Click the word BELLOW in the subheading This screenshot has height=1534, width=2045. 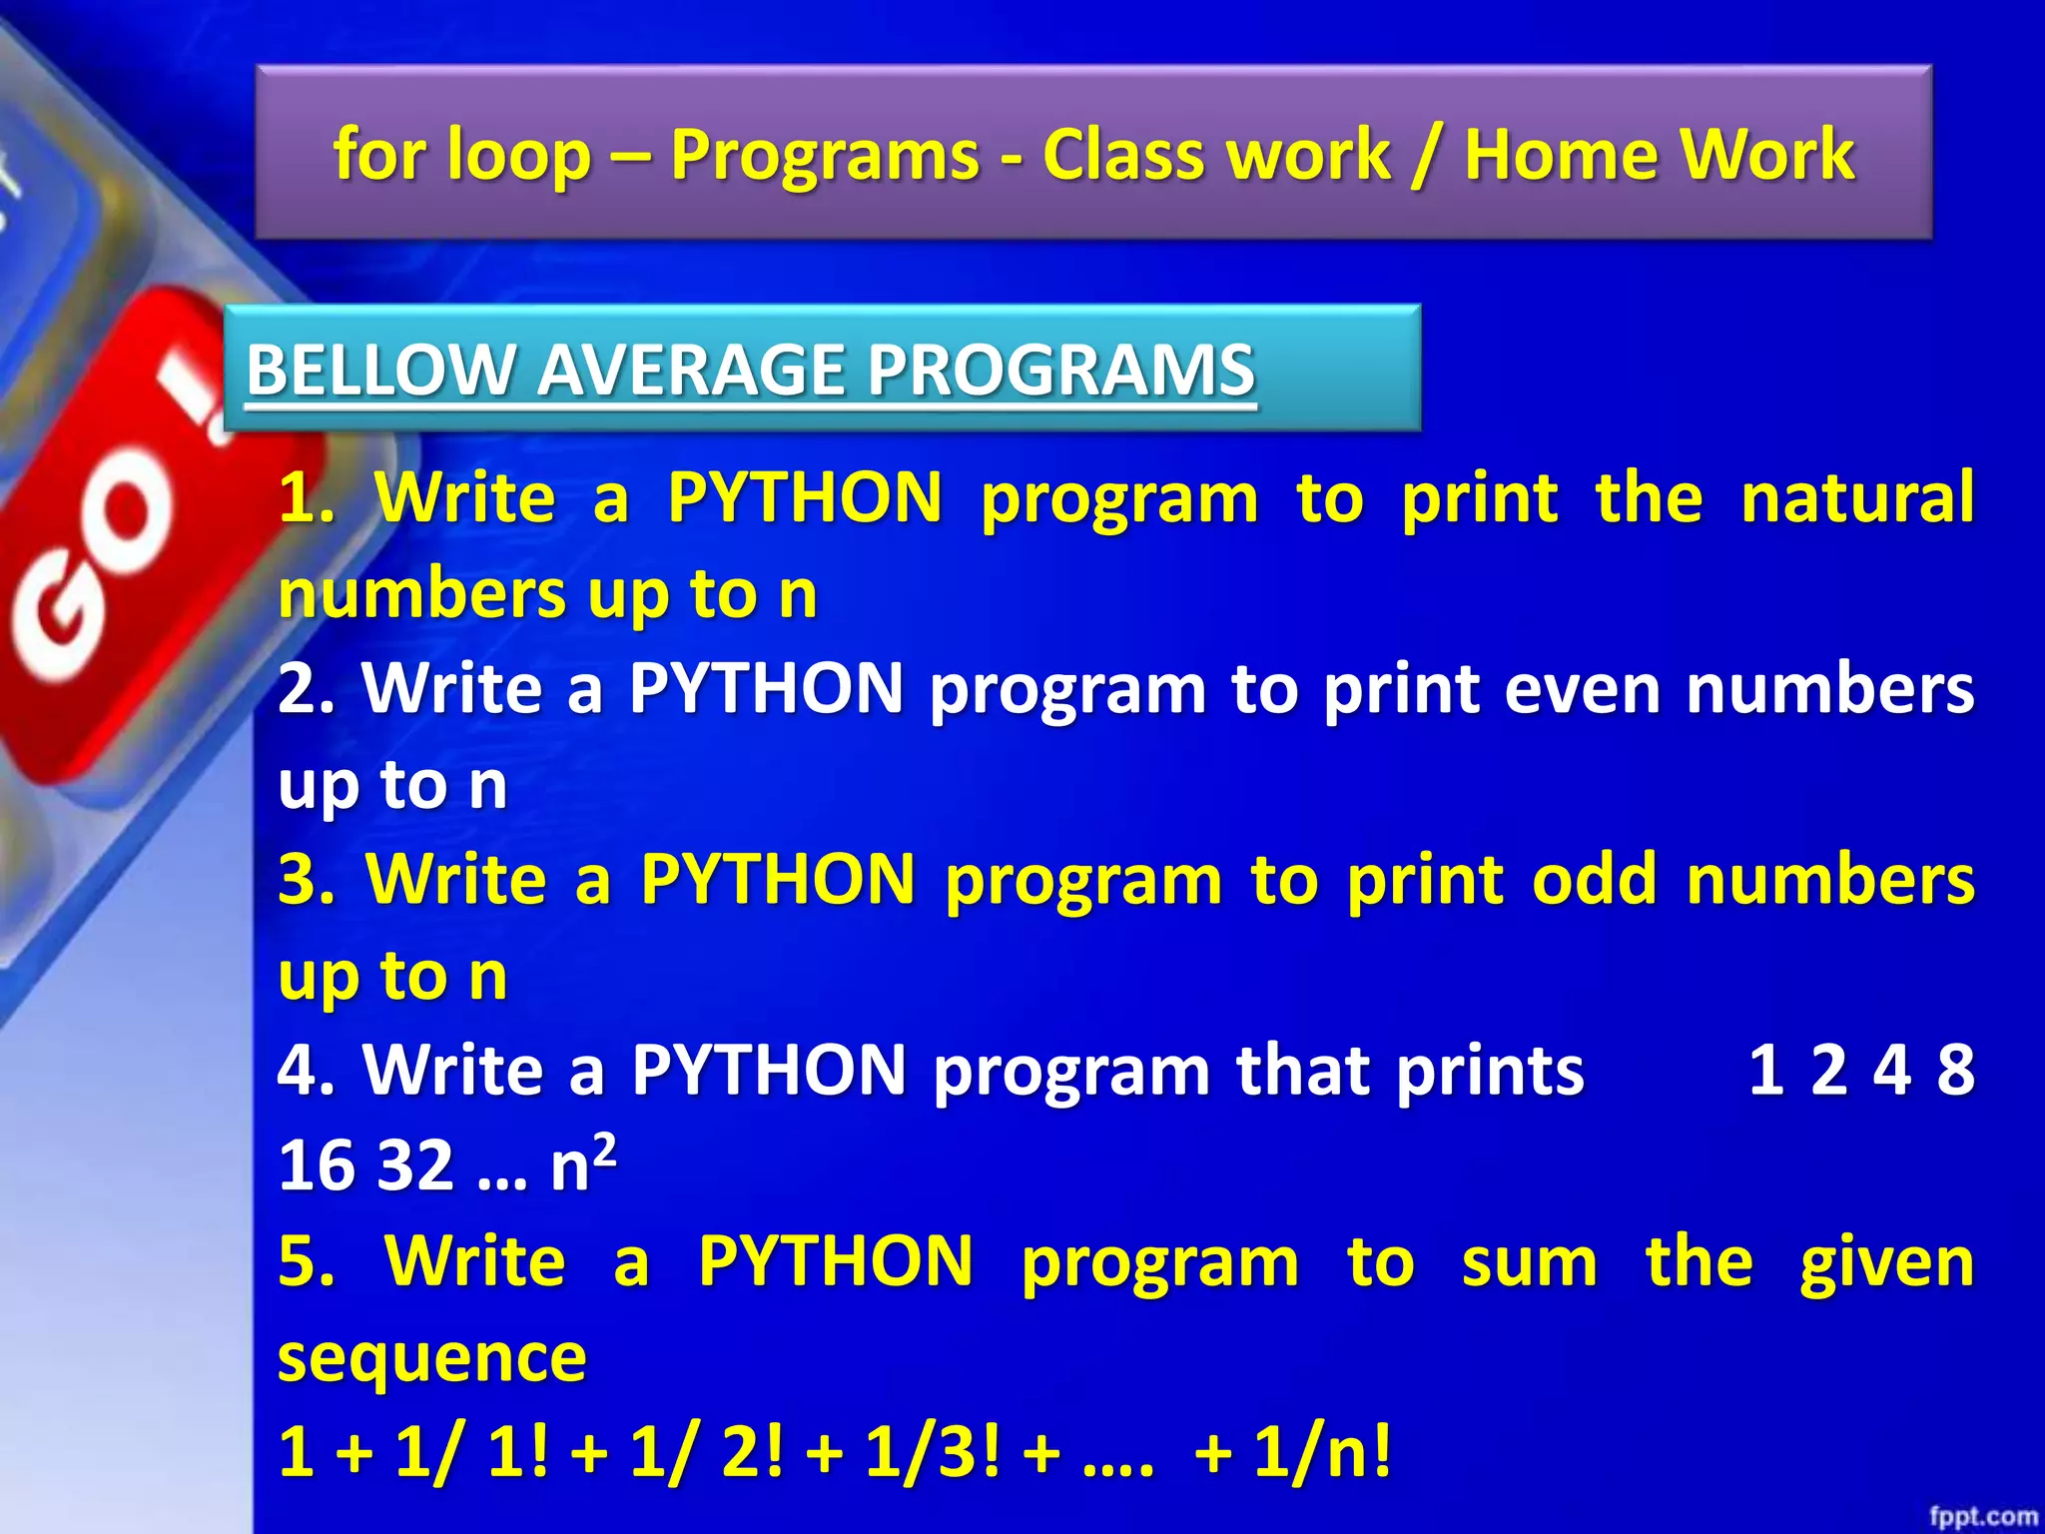click(x=378, y=370)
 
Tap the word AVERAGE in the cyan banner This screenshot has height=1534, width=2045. click(x=690, y=370)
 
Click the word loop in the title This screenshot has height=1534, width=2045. click(x=518, y=156)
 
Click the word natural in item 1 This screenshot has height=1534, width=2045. click(x=1856, y=497)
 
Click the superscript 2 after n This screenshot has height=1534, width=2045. click(x=604, y=1146)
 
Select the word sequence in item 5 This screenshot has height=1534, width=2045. click(x=431, y=1358)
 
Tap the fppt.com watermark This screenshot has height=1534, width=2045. click(x=1982, y=1516)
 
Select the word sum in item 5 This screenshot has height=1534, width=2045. click(x=1529, y=1262)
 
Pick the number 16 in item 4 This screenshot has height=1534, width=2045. click(x=315, y=1165)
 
